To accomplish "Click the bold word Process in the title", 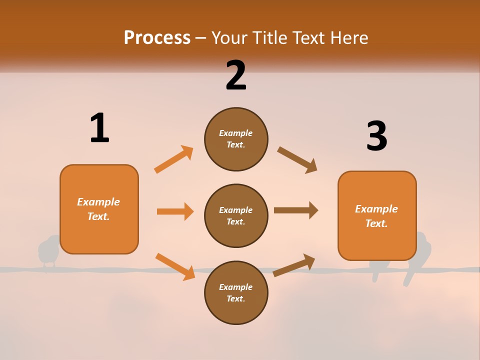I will click(x=157, y=37).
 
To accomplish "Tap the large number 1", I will click(x=99, y=128).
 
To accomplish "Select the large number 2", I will click(x=236, y=75).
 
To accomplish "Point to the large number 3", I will click(x=376, y=136).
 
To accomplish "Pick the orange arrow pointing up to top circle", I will click(x=174, y=159).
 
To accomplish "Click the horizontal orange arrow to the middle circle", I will click(x=175, y=211).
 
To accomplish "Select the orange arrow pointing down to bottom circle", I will click(x=175, y=266).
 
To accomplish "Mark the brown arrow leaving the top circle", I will click(x=297, y=160).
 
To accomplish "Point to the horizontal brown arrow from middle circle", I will click(x=296, y=210).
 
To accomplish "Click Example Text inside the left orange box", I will click(x=98, y=209).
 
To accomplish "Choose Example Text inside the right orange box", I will click(x=376, y=216).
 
